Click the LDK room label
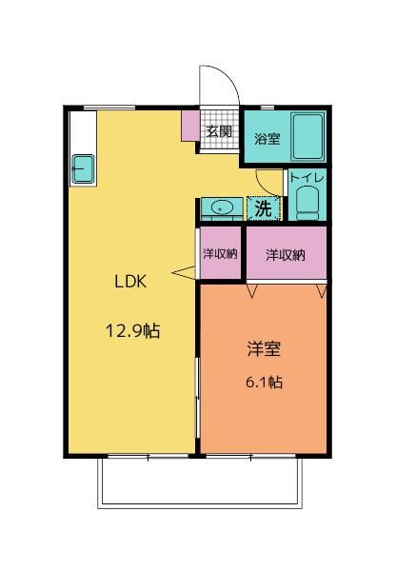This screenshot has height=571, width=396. pyautogui.click(x=131, y=282)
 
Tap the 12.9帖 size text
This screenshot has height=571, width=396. pyautogui.click(x=131, y=331)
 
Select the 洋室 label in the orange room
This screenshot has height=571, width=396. pyautogui.click(x=263, y=349)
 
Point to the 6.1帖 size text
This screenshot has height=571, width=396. pyautogui.click(x=263, y=382)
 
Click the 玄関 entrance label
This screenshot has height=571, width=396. pyautogui.click(x=218, y=131)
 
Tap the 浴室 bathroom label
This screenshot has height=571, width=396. pyautogui.click(x=267, y=139)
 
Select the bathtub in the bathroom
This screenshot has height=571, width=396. pyautogui.click(x=307, y=137)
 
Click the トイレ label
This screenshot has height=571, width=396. pyautogui.click(x=307, y=177)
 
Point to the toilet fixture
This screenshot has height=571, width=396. pyautogui.click(x=307, y=203)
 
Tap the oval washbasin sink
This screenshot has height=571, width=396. pyautogui.click(x=222, y=207)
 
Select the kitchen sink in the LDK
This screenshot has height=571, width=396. pyautogui.click(x=82, y=168)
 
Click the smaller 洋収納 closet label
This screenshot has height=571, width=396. pyautogui.click(x=219, y=254)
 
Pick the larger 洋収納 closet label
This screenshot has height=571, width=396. pyautogui.click(x=285, y=254)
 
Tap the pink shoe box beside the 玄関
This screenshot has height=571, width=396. pyautogui.click(x=190, y=126)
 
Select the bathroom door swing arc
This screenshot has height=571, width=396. pyautogui.click(x=269, y=181)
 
